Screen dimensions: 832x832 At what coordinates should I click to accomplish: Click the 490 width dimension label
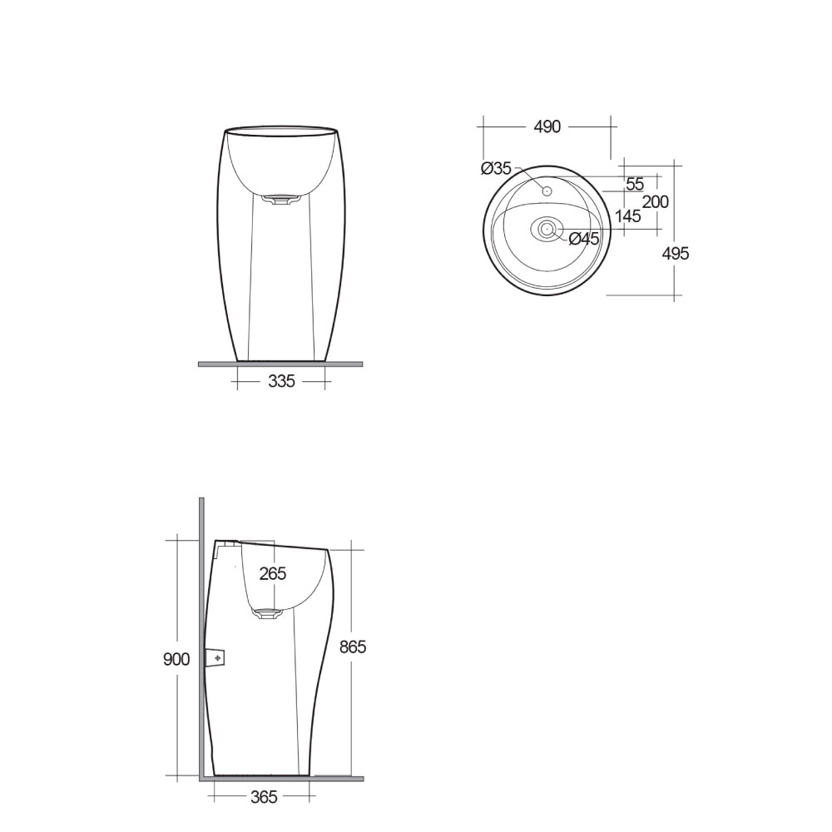pyautogui.click(x=547, y=126)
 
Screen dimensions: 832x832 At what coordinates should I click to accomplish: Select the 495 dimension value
pyautogui.click(x=675, y=254)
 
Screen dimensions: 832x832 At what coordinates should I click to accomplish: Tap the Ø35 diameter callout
pyautogui.click(x=496, y=169)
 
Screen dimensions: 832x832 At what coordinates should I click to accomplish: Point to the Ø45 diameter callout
pyautogui.click(x=584, y=239)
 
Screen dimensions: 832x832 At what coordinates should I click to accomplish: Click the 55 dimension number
pyautogui.click(x=635, y=185)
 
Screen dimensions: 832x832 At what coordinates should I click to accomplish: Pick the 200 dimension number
pyautogui.click(x=656, y=202)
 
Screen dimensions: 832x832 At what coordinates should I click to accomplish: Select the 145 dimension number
pyautogui.click(x=628, y=216)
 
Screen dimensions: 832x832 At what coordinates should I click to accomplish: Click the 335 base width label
pyautogui.click(x=282, y=382)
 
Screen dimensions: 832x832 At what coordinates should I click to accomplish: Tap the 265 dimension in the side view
pyautogui.click(x=272, y=573)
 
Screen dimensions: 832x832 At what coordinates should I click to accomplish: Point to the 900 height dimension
pyautogui.click(x=176, y=659)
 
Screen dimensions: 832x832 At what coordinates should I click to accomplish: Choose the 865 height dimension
pyautogui.click(x=352, y=646)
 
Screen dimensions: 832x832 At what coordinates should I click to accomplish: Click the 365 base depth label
pyautogui.click(x=263, y=797)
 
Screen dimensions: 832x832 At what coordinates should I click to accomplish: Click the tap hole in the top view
pyautogui.click(x=547, y=192)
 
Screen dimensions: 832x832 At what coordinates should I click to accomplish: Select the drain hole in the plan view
pyautogui.click(x=547, y=229)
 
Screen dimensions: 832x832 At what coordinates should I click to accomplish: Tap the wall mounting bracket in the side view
pyautogui.click(x=217, y=657)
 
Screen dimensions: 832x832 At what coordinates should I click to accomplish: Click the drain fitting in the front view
pyautogui.click(x=280, y=199)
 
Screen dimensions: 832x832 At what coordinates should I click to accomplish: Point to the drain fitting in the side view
pyautogui.click(x=268, y=614)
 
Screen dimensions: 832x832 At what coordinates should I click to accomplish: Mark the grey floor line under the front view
pyautogui.click(x=280, y=364)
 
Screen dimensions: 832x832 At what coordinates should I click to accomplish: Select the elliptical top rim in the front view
pyautogui.click(x=281, y=130)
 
